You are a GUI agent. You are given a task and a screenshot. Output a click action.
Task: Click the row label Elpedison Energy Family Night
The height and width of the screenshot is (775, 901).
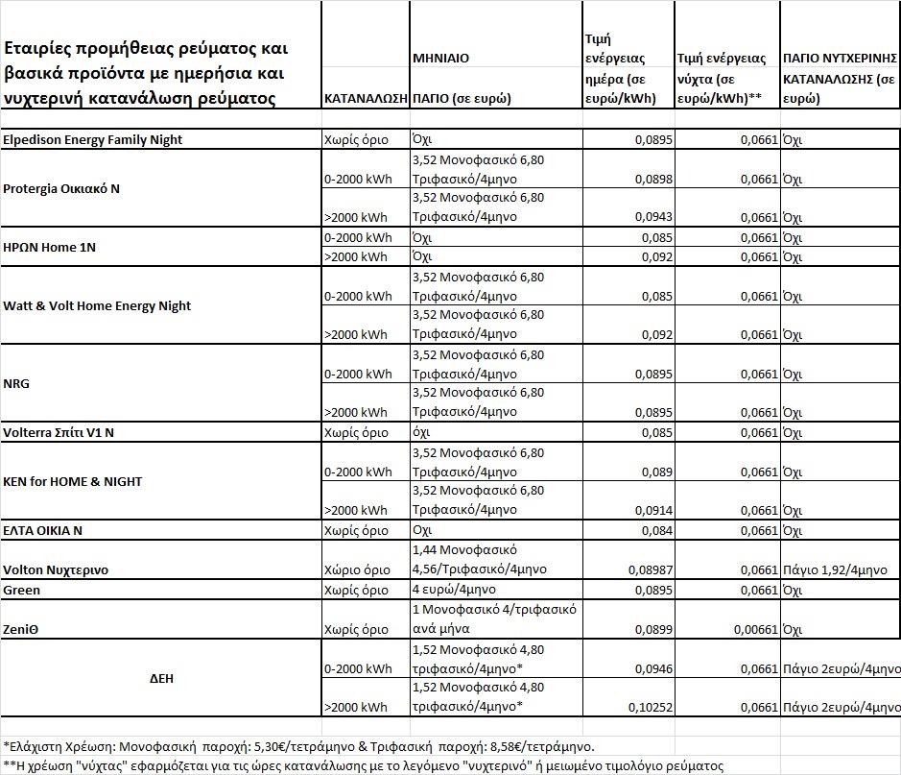tap(93, 140)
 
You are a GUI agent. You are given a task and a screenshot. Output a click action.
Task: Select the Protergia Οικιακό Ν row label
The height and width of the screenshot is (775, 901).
tap(61, 189)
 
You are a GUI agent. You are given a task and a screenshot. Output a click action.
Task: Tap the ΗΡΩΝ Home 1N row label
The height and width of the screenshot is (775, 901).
tap(50, 248)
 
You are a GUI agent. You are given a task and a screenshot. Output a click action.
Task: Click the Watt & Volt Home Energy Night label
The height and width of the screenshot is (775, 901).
tap(97, 306)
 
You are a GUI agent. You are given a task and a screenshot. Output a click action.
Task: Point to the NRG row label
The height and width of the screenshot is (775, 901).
tap(16, 384)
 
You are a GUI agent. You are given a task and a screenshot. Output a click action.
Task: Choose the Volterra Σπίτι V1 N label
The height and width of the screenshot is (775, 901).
tap(59, 433)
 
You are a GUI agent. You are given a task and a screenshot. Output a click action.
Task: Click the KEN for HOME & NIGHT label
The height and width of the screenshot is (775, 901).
tap(73, 482)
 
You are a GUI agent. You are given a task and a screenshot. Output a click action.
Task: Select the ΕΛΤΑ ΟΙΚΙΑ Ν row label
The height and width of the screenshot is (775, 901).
tap(43, 531)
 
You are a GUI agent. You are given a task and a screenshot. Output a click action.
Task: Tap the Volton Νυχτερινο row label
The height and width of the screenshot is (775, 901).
tap(56, 570)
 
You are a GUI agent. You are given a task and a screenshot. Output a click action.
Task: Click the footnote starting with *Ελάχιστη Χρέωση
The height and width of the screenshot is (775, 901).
tap(298, 745)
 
